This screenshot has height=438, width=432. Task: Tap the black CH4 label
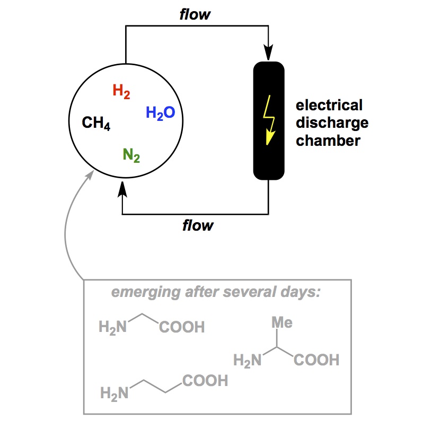[x=96, y=124]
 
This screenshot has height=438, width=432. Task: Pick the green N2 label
[x=131, y=155]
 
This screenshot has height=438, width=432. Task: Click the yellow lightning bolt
[x=269, y=120]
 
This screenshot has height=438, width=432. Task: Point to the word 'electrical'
[x=329, y=105]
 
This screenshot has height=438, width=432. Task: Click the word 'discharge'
[x=332, y=123]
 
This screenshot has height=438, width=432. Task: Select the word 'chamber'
[x=328, y=141]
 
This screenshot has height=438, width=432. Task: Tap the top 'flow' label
[x=195, y=14]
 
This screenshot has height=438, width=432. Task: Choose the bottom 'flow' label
[x=197, y=225]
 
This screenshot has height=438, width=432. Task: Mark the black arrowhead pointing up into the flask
[x=123, y=188]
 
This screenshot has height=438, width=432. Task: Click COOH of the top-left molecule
[x=182, y=327]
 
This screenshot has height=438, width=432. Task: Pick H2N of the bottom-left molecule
[x=114, y=393]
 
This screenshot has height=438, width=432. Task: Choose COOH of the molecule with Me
[x=316, y=361]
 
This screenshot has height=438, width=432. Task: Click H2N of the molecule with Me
[x=248, y=361]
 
